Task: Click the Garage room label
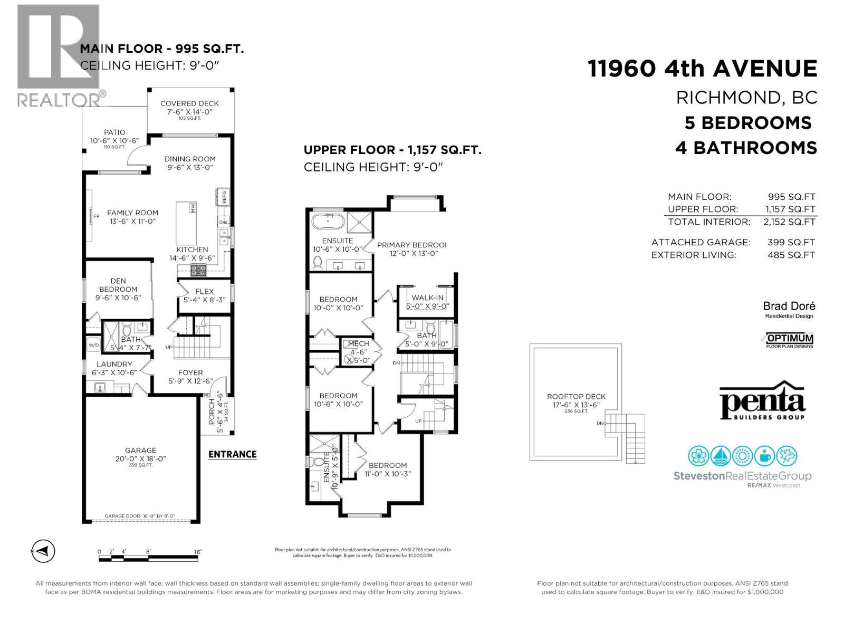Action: point(141,450)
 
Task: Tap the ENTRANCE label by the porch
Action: point(232,454)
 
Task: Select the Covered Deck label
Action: point(189,103)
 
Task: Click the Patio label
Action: point(114,132)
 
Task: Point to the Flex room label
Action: point(204,291)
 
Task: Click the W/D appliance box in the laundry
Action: point(93,346)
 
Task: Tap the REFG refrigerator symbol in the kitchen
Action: point(224,197)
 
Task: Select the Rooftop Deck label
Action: point(576,397)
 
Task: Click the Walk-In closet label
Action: point(427,298)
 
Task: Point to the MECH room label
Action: point(358,343)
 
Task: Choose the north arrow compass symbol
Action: point(43,551)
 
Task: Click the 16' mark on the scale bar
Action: point(197,552)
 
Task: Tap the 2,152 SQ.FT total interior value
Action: point(789,222)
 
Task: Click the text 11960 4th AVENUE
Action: point(702,69)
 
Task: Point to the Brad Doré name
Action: point(789,306)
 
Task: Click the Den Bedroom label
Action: point(118,285)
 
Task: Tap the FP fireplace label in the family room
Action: point(97,216)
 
